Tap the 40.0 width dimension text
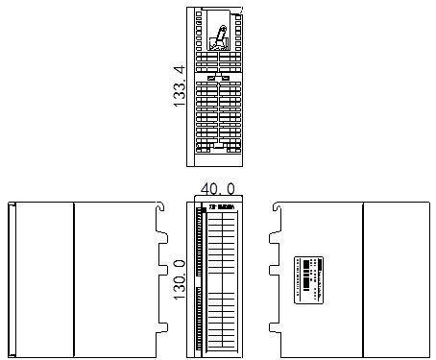coord(216,190)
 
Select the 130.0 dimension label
coord(179,278)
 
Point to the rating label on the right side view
coord(309,279)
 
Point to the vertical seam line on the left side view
coord(75,278)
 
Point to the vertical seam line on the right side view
coord(362,278)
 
